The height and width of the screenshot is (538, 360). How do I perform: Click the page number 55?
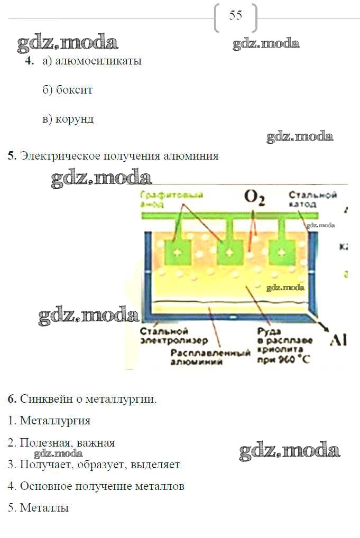tap(236, 15)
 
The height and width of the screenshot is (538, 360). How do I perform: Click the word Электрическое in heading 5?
tap(57, 156)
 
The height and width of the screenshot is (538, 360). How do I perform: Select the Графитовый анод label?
tap(164, 199)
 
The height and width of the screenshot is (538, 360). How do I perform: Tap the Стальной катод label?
tap(312, 199)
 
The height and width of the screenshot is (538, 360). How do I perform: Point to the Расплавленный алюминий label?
tap(210, 357)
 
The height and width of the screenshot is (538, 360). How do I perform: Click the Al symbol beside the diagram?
tap(338, 340)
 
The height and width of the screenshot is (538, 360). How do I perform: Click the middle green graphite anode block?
tap(228, 253)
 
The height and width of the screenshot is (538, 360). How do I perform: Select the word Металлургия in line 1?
tap(55, 421)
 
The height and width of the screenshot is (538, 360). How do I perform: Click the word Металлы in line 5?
tap(44, 508)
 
